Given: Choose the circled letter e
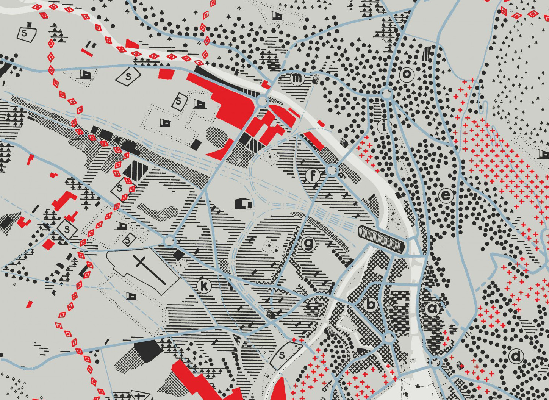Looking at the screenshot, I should [x=446, y=196].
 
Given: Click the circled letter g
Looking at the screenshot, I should [x=309, y=244].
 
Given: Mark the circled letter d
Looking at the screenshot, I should [x=516, y=356].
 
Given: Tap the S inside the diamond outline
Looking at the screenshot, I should [x=128, y=76].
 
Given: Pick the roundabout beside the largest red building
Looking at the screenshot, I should [x=262, y=100].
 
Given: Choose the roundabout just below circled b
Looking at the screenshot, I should [x=389, y=338].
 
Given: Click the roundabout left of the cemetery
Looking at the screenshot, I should [x=169, y=241].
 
